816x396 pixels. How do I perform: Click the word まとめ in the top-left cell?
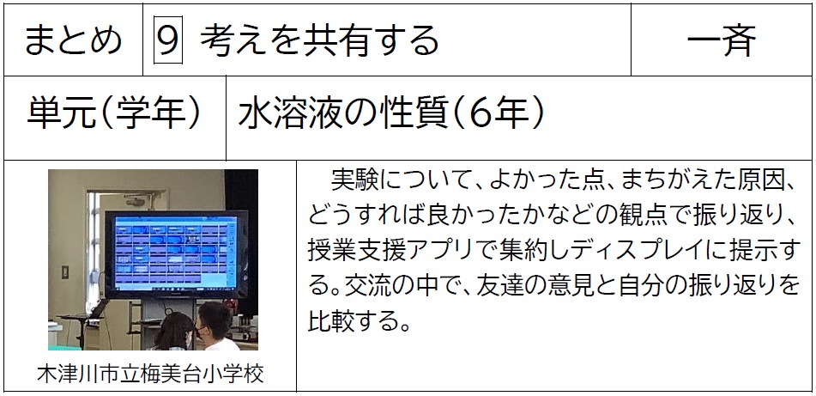tap(73, 40)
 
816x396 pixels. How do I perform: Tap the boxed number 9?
tap(168, 40)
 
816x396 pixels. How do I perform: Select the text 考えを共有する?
tap(319, 40)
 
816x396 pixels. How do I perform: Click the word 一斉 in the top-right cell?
tap(722, 40)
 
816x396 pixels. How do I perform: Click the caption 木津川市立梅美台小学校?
tap(150, 374)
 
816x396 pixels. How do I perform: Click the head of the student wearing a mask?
tap(213, 322)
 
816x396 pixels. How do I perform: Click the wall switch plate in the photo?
tap(65, 272)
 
